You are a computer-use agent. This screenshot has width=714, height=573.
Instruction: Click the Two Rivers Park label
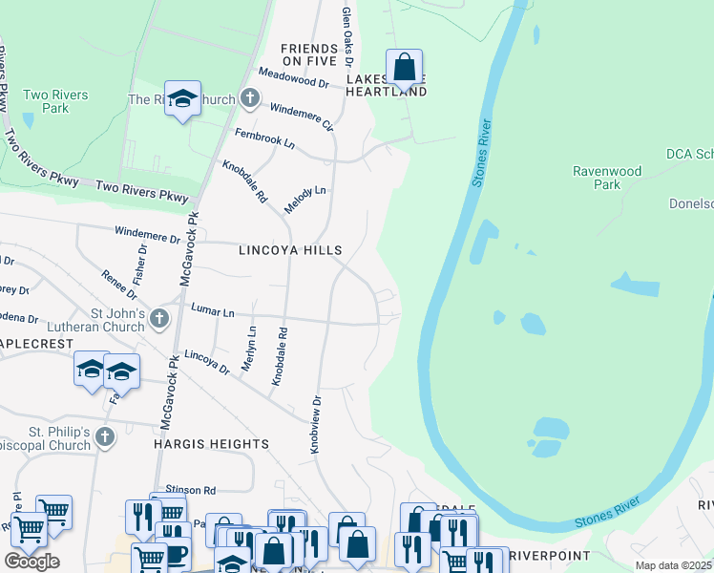55,101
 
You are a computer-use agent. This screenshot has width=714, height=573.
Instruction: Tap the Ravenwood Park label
606,178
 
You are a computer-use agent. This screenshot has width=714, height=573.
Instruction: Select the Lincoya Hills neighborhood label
289,250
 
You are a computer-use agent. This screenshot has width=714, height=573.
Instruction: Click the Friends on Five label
309,54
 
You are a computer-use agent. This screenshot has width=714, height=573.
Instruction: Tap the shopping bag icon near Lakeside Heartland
405,68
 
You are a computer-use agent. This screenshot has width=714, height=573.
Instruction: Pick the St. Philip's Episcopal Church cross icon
105,437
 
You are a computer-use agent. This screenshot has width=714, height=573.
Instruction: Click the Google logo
31,562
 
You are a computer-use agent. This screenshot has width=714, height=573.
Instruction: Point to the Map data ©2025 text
673,565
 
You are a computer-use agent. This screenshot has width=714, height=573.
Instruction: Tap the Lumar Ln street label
212,311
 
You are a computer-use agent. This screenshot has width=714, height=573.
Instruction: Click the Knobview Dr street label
316,407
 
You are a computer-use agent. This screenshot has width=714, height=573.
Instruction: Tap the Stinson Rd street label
191,489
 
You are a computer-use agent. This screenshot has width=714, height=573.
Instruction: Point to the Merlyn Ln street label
250,349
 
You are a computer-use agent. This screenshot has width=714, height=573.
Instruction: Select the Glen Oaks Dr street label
347,29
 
